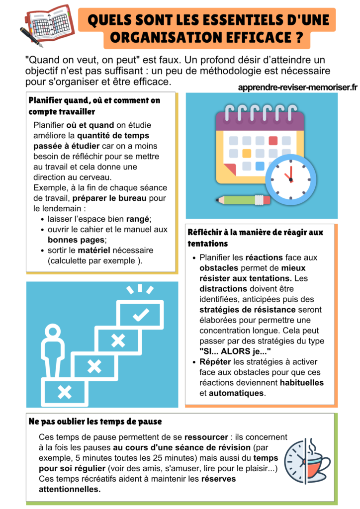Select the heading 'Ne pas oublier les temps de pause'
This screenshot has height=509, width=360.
click(95, 422)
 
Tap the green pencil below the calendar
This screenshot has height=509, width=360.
click(244, 200)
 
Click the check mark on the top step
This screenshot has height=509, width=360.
click(141, 314)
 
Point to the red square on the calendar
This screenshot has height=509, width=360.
click(273, 141)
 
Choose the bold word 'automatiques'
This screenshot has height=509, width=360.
click(236, 393)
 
